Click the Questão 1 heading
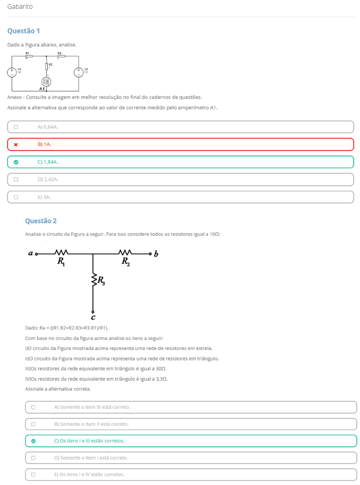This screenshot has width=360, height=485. click(x=23, y=31)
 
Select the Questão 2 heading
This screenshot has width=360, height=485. click(x=41, y=221)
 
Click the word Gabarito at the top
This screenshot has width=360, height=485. click(x=20, y=7)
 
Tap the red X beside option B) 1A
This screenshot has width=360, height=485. click(x=16, y=144)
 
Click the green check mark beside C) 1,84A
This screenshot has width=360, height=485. click(x=16, y=162)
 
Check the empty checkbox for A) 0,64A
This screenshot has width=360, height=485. click(x=16, y=127)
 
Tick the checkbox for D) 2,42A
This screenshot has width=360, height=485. click(x=16, y=179)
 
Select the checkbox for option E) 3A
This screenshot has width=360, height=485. click(x=16, y=197)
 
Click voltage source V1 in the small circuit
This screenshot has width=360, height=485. click(x=12, y=72)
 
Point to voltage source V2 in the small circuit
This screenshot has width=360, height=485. click(x=79, y=72)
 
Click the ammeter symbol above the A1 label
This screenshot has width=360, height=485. click(x=46, y=82)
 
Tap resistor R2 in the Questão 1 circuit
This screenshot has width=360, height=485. click(x=47, y=66)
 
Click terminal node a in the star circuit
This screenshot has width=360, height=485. click(x=36, y=254)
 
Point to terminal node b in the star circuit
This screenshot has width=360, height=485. click(x=150, y=254)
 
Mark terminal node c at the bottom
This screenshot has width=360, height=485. click(x=93, y=312)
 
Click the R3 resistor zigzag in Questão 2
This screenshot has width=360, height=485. click(x=93, y=280)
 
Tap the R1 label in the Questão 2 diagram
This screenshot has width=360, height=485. click(x=61, y=262)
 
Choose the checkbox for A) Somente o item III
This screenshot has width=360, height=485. click(x=33, y=407)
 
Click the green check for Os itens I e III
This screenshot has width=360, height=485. click(x=33, y=441)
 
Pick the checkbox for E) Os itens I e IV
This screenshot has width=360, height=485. click(x=33, y=475)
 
